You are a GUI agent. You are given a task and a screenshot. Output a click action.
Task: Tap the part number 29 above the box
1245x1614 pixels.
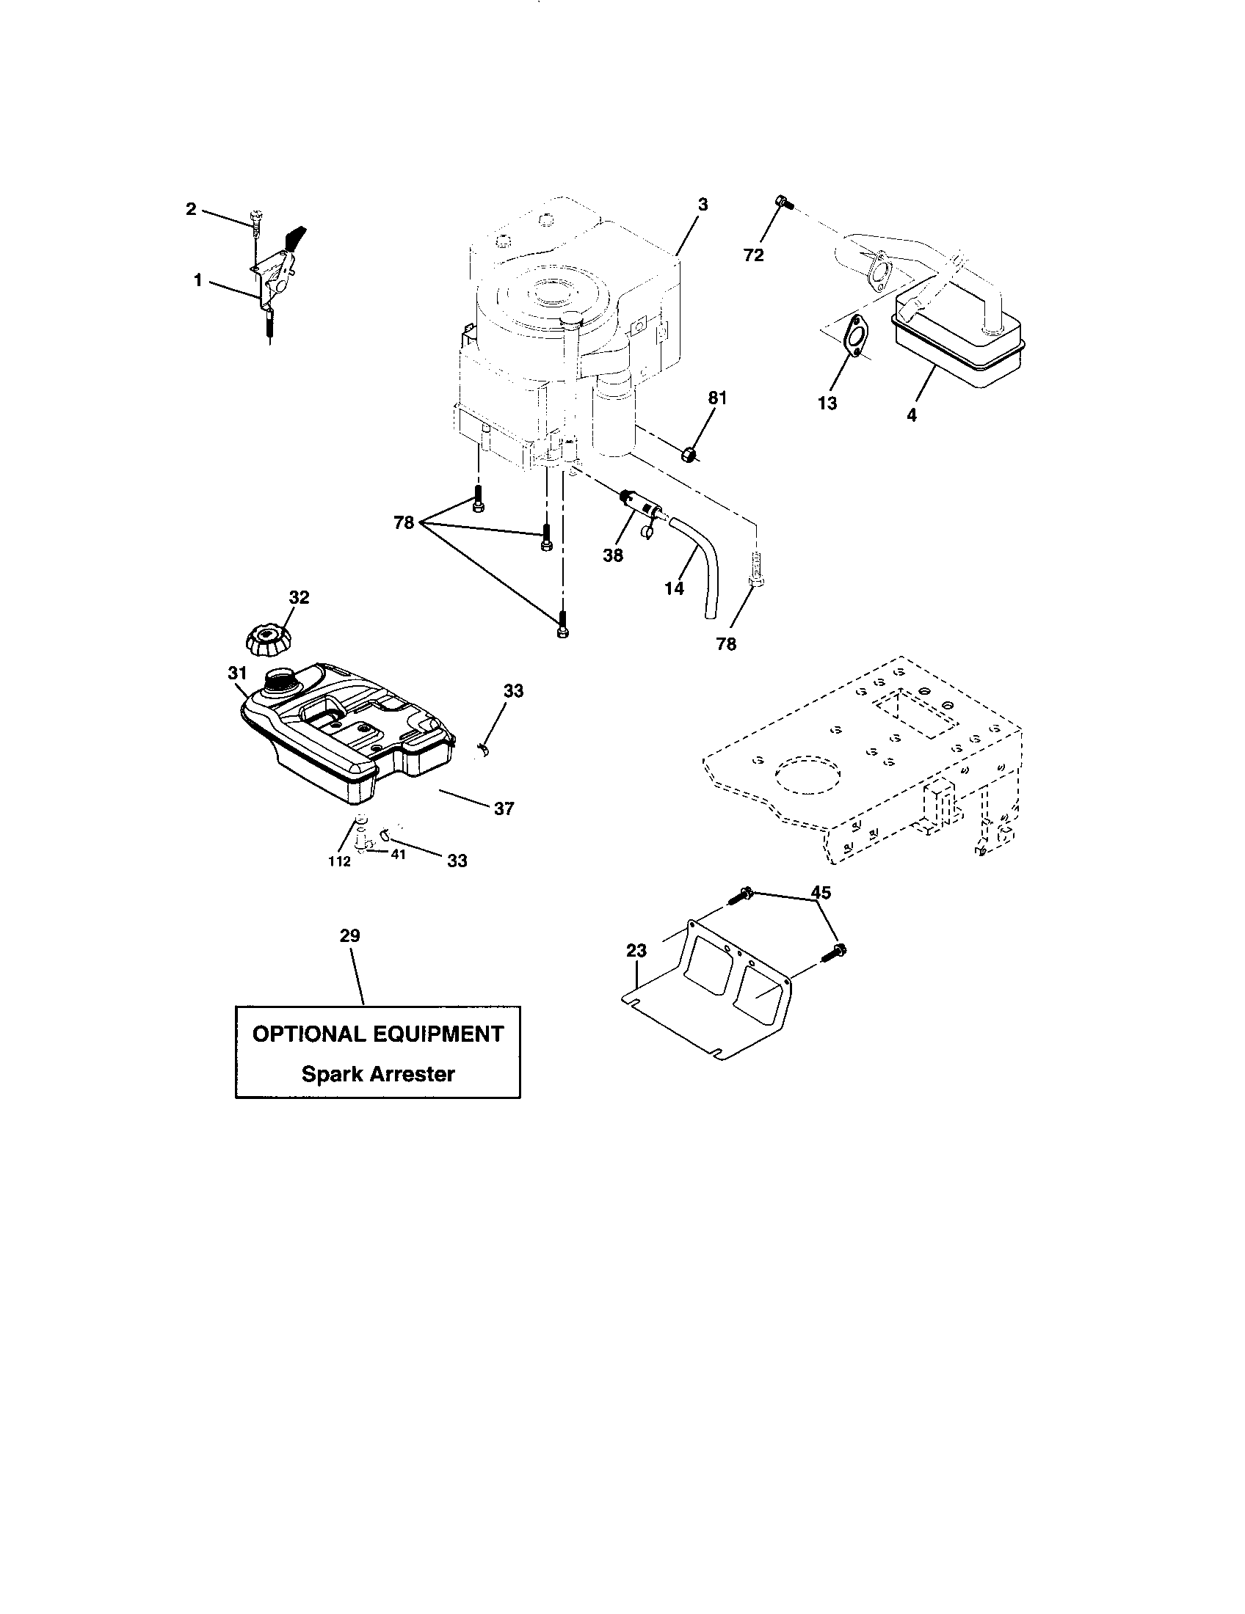pyautogui.click(x=349, y=935)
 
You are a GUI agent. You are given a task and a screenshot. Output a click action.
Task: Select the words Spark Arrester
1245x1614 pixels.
pyautogui.click(x=378, y=1074)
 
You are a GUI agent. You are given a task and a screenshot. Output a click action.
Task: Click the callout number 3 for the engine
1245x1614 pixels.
pyautogui.click(x=703, y=205)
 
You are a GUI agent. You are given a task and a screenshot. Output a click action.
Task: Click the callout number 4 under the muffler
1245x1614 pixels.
pyautogui.click(x=912, y=415)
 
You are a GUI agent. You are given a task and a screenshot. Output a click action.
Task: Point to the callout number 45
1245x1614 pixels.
pyautogui.click(x=821, y=893)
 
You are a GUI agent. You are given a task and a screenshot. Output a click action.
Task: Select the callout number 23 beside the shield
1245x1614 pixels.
pyautogui.click(x=636, y=950)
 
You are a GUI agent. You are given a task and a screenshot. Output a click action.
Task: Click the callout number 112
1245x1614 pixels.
pyautogui.click(x=339, y=862)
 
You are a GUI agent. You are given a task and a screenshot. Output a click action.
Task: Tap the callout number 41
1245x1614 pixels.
pyautogui.click(x=398, y=855)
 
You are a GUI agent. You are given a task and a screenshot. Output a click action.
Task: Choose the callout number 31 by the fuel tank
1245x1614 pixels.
pyautogui.click(x=236, y=673)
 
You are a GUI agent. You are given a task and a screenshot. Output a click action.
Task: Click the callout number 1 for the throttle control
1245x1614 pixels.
pyautogui.click(x=197, y=280)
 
